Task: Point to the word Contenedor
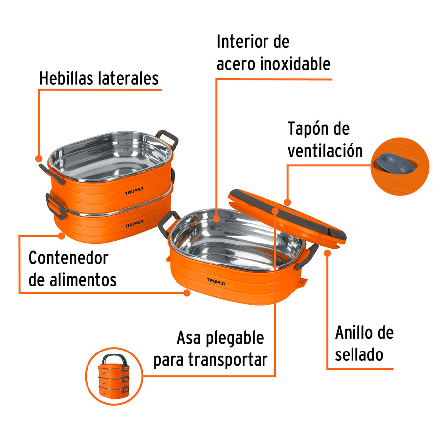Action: point(68,258)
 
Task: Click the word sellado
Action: point(359,354)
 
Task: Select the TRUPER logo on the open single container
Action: point(216,282)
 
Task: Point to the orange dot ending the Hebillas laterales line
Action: point(39,158)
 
